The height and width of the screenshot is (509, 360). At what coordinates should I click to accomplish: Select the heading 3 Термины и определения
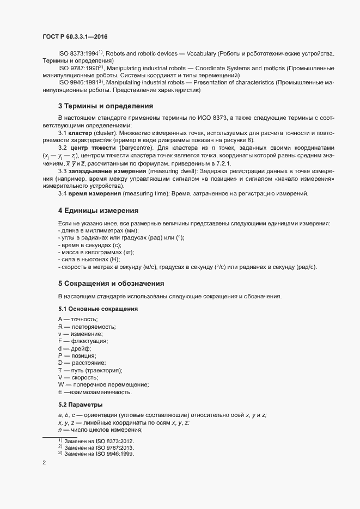106,106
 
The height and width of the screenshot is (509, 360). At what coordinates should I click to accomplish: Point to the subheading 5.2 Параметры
80,404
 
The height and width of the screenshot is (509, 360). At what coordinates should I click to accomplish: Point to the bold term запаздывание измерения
103,171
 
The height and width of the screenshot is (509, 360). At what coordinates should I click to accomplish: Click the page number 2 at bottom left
44,463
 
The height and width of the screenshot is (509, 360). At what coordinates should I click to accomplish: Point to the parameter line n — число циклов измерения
96,430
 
